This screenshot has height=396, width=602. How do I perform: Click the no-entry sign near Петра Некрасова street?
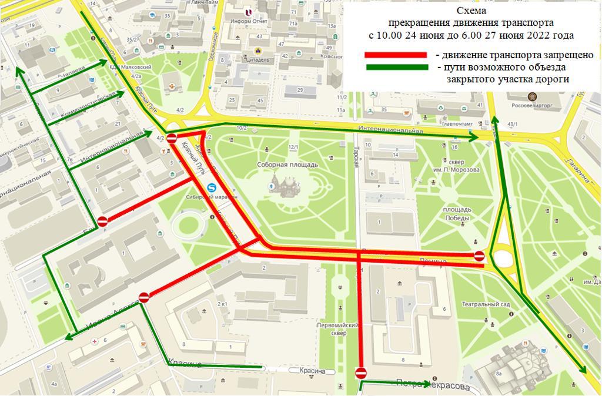[361, 372]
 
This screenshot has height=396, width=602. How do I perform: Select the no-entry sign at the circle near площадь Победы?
[479, 256]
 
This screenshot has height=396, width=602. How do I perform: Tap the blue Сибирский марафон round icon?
[212, 188]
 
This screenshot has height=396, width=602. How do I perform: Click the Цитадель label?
[259, 59]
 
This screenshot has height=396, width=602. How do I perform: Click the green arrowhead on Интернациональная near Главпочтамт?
[474, 137]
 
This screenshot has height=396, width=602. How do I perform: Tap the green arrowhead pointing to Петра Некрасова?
[426, 384]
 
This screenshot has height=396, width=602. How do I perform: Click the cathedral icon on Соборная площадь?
[288, 187]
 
